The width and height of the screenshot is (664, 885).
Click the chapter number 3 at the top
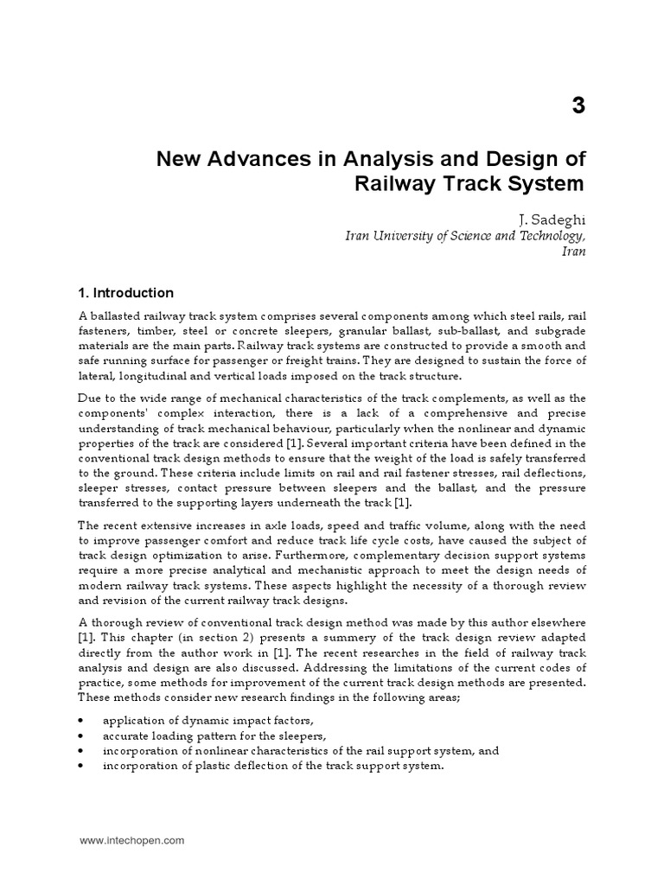pos(578,106)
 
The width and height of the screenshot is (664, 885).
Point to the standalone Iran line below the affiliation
pos(573,251)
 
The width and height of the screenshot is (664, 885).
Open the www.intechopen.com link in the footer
pos(131,840)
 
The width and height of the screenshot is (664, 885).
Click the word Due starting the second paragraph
pos(91,398)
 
